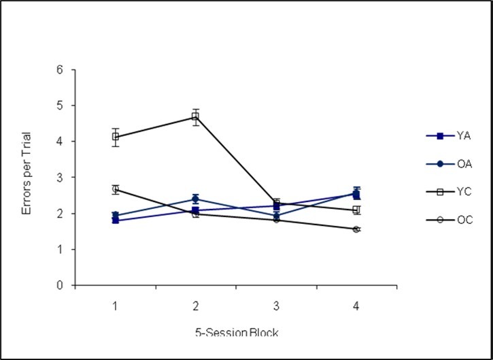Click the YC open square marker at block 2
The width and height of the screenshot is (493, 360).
tap(196, 116)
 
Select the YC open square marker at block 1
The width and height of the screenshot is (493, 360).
tap(116, 137)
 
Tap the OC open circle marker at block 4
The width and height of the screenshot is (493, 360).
tap(356, 229)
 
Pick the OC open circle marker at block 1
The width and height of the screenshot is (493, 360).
tap(116, 189)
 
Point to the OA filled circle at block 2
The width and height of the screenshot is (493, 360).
tap(196, 199)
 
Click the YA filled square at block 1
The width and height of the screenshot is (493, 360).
tap(116, 220)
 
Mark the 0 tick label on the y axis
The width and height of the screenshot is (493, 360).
tap(61, 286)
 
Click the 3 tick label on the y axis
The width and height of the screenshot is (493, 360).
tap(61, 178)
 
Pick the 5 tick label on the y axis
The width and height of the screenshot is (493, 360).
tap(61, 105)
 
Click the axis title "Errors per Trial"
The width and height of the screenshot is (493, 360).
tap(27, 177)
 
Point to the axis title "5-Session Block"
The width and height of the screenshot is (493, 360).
tap(236, 332)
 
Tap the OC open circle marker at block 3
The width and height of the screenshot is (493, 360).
tap(276, 220)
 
